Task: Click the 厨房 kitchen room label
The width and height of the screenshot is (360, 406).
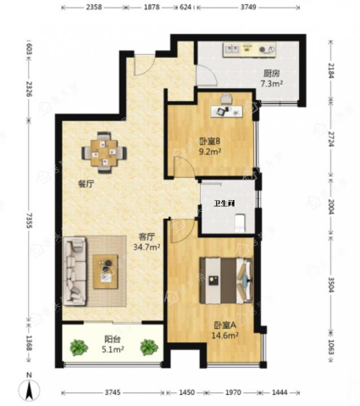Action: pyautogui.click(x=272, y=74)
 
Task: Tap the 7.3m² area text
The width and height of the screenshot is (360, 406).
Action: pyautogui.click(x=272, y=84)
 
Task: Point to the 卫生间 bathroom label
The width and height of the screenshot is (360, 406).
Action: pyautogui.click(x=224, y=203)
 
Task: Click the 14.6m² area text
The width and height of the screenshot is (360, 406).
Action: pyautogui.click(x=225, y=336)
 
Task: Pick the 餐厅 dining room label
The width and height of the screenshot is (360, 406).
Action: pyautogui.click(x=86, y=184)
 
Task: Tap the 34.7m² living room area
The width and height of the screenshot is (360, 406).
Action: pyautogui.click(x=147, y=247)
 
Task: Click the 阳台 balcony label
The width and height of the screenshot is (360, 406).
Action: pyautogui.click(x=113, y=339)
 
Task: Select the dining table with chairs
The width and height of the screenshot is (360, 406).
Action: pyautogui.click(x=104, y=153)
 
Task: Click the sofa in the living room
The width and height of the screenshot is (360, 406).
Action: pyautogui.click(x=75, y=271)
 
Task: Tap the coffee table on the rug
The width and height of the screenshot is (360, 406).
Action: pyautogui.click(x=106, y=271)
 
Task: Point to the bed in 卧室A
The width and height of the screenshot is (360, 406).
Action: pyautogui.click(x=226, y=280)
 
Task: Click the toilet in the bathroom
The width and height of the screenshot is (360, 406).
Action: pyautogui.click(x=241, y=223)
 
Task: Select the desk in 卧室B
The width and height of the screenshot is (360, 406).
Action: pyautogui.click(x=227, y=111)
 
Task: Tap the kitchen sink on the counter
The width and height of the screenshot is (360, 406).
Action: pyautogui.click(x=231, y=49)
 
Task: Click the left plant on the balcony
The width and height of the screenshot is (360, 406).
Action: pyautogui.click(x=79, y=348)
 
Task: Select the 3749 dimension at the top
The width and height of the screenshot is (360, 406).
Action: pyautogui.click(x=248, y=7)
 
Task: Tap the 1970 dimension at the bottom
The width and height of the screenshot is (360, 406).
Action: pyautogui.click(x=234, y=392)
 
